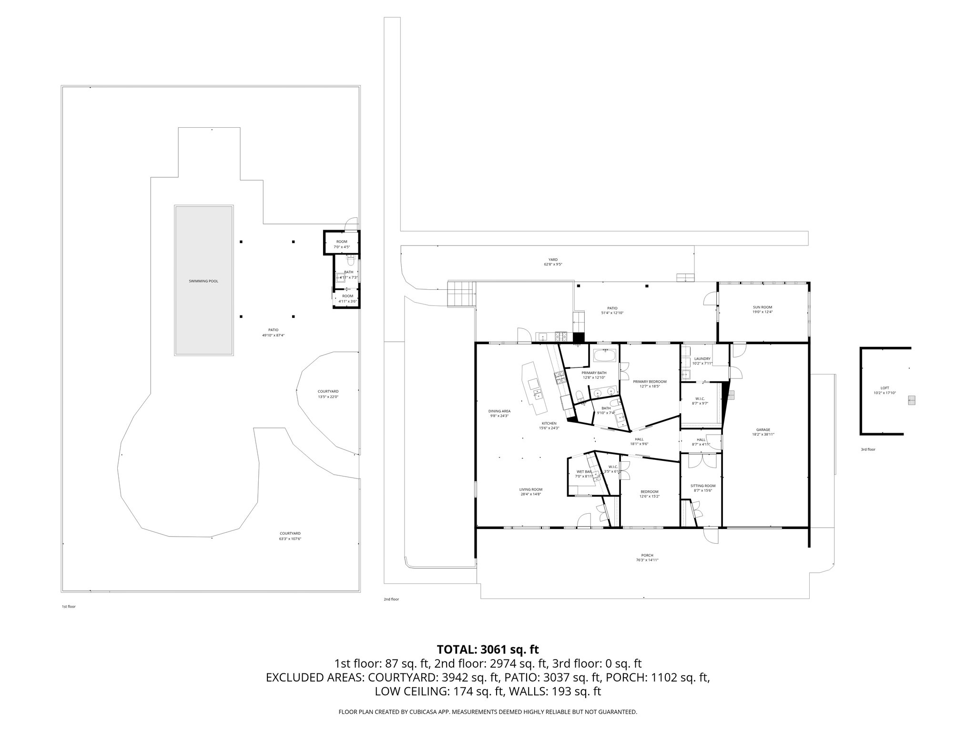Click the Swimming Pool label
pos(203,281)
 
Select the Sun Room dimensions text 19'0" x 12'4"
pos(762,312)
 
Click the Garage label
pos(763,429)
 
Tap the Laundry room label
pos(702,359)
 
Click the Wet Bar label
pos(584,472)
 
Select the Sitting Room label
pos(703,486)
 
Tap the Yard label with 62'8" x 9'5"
pos(553,260)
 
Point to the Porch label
pos(647,555)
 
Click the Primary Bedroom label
pos(650,381)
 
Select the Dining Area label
pos(499,411)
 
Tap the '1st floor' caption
pos(69,607)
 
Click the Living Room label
pos(531,489)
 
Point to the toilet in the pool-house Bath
pos(351,262)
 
